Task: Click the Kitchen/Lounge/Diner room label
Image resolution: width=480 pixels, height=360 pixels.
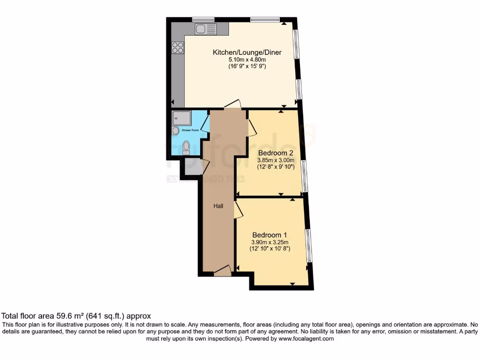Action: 247,52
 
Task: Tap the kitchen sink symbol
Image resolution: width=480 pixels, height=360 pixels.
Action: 206,30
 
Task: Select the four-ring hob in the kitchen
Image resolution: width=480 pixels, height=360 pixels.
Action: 178,47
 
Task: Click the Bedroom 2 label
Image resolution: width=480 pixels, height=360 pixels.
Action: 276,153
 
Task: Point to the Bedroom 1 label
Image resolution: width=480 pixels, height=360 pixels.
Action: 270,235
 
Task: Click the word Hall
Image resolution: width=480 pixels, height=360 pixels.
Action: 218,206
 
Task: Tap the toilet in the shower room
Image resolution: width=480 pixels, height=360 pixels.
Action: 186,147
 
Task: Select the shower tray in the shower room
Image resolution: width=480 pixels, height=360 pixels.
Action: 182,118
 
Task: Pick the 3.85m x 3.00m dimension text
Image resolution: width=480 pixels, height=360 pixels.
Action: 276,160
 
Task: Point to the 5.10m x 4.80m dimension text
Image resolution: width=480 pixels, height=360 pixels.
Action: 247,60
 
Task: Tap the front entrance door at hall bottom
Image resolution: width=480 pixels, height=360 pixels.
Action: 222,271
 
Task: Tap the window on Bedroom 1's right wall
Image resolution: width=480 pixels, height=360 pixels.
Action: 308,245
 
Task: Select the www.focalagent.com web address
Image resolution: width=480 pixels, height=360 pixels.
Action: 305,338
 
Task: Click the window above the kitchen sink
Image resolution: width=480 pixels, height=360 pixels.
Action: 203,19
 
